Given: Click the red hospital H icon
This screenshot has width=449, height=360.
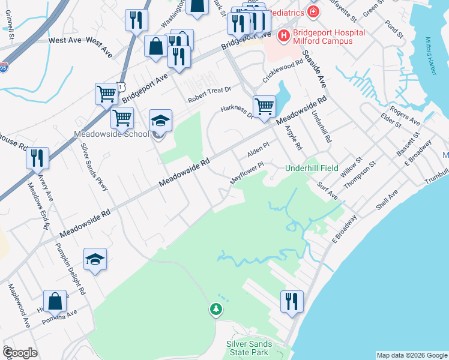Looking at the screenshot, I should [x=283, y=37].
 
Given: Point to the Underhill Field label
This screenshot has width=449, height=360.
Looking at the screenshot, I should [x=312, y=168].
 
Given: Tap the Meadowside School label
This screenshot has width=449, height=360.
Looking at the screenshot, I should [x=110, y=134].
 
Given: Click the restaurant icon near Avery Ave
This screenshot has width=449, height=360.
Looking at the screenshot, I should [x=38, y=158].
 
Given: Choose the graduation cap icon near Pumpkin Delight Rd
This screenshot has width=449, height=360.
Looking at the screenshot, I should [x=95, y=259].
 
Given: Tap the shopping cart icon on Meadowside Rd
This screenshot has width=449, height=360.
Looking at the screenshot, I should [x=264, y=106].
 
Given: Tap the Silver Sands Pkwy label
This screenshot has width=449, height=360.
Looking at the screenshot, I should [x=97, y=167].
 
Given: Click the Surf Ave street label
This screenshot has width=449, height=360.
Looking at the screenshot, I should [x=328, y=191].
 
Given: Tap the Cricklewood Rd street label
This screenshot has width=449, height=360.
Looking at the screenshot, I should [x=283, y=71].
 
